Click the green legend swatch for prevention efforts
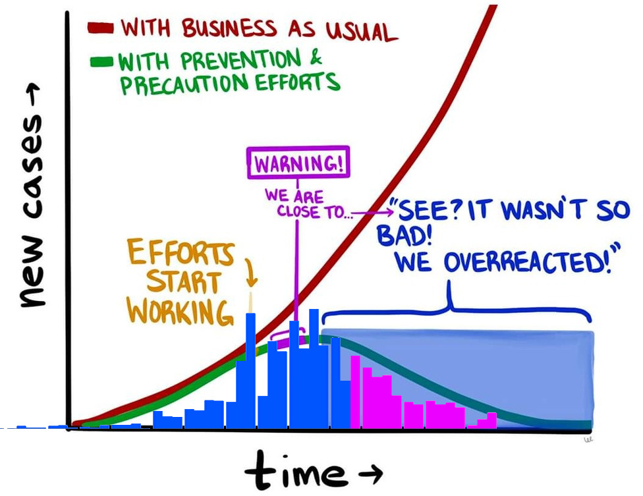(101, 61)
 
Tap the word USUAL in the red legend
(361, 31)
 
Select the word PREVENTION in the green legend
(240, 60)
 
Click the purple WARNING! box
(298, 162)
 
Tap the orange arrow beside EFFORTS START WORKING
(251, 272)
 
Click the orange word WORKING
(179, 312)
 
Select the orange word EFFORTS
(181, 252)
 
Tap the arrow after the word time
(371, 473)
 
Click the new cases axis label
(32, 196)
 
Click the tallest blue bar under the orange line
(250, 371)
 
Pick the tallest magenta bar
(355, 392)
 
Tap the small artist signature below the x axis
(589, 439)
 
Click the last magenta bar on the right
(491, 420)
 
